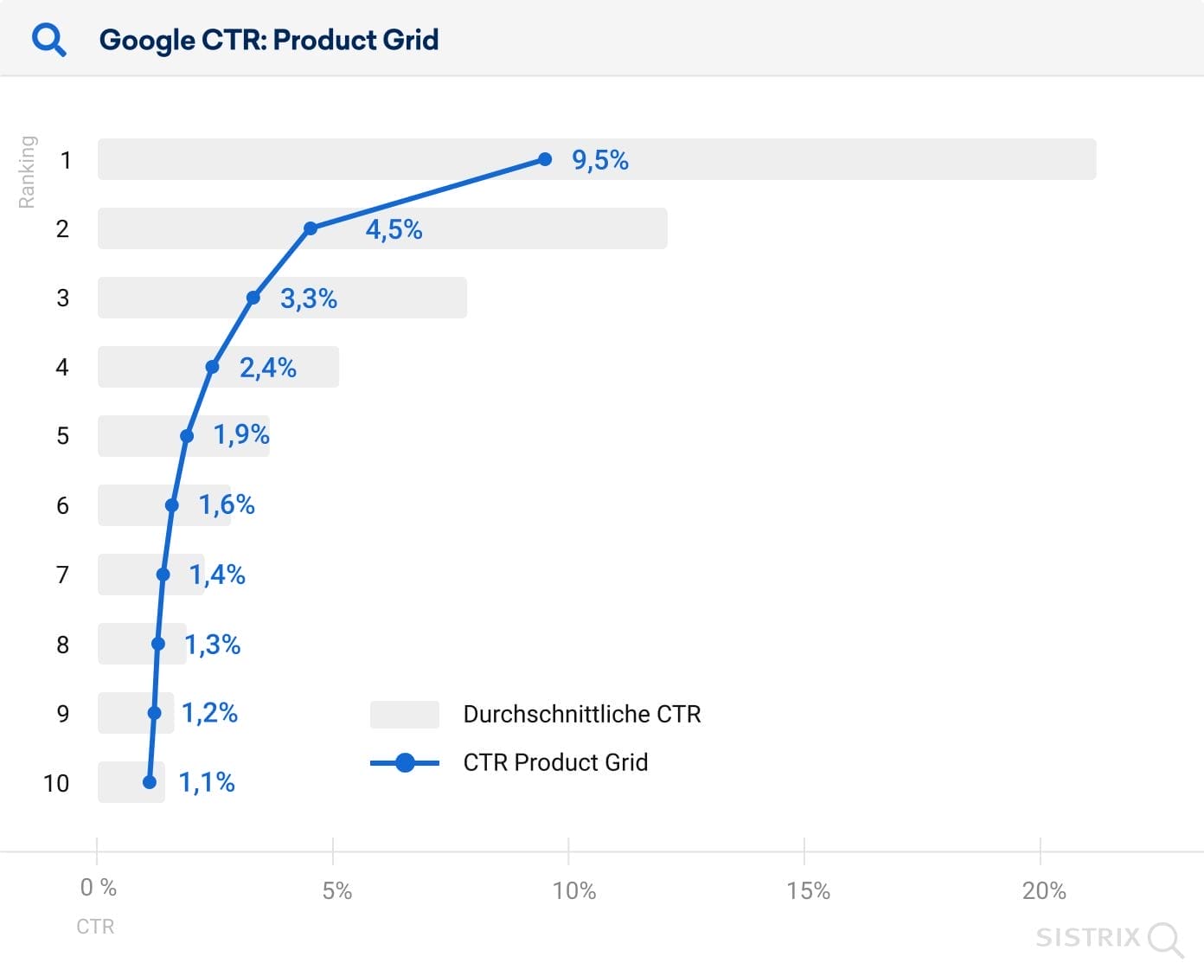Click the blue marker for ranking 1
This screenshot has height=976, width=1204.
tap(545, 159)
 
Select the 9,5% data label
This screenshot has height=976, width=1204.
tap(599, 160)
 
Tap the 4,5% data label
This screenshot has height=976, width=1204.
tap(394, 229)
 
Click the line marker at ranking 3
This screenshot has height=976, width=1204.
tap(253, 298)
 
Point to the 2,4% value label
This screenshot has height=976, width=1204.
tap(267, 368)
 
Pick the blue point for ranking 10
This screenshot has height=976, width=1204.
tap(150, 782)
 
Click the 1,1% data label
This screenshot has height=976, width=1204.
tap(206, 782)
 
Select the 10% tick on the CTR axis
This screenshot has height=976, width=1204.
tap(574, 890)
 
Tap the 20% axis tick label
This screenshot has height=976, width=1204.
tap(1043, 890)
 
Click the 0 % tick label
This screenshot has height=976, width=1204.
tap(98, 888)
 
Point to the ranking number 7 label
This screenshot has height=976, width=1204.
tap(62, 575)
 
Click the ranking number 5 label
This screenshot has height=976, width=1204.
tap(62, 435)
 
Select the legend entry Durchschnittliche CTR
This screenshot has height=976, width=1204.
tap(581, 714)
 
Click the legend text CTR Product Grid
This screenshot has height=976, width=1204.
tap(555, 762)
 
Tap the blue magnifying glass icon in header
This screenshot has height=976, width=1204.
tap(48, 40)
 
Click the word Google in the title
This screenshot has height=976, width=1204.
tap(147, 40)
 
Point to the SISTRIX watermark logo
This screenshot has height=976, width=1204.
tap(1109, 938)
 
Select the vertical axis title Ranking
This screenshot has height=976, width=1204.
tap(28, 171)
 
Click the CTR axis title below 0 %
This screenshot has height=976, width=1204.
tap(95, 927)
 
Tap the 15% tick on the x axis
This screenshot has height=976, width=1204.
tap(808, 890)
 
